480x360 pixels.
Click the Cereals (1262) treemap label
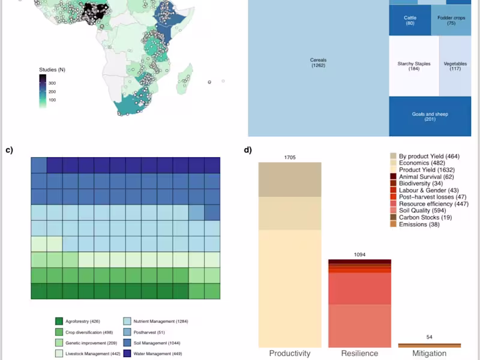pyautogui.click(x=318, y=62)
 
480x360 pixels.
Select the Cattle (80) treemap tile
pyautogui.click(x=410, y=20)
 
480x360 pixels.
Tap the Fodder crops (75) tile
pyautogui.click(x=451, y=20)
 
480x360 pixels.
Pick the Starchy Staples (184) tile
pyautogui.click(x=413, y=66)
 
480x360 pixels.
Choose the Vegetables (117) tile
pyautogui.click(x=455, y=66)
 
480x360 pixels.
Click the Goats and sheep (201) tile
pyautogui.click(x=430, y=116)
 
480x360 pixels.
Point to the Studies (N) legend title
pyautogui.click(x=52, y=70)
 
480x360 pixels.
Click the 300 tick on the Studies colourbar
pyautogui.click(x=52, y=83)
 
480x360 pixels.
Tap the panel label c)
pyautogui.click(x=9, y=150)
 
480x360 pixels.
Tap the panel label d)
pyautogui.click(x=248, y=150)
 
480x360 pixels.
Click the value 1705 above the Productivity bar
pyautogui.click(x=290, y=158)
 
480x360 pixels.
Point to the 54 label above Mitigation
pyautogui.click(x=429, y=337)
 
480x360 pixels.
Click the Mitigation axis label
pyautogui.click(x=429, y=353)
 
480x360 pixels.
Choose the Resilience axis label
pyautogui.click(x=359, y=353)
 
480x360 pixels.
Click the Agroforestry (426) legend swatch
pyautogui.click(x=59, y=322)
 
